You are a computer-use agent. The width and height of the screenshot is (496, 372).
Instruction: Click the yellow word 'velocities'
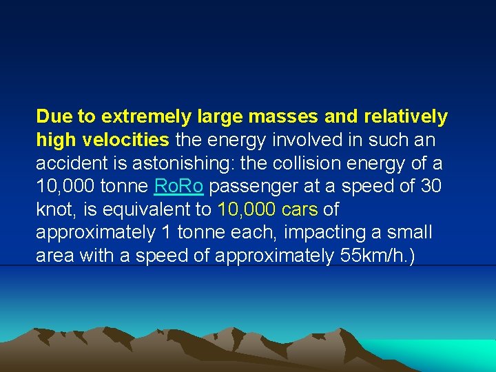click(125, 141)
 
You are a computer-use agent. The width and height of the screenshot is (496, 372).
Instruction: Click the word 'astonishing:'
click(180, 164)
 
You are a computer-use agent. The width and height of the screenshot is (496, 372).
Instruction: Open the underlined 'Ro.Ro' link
click(178, 186)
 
